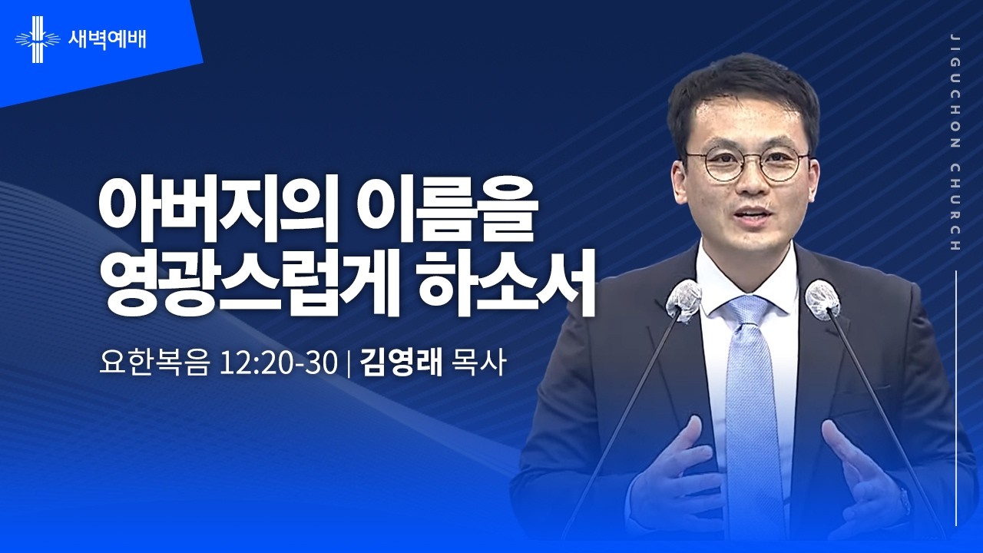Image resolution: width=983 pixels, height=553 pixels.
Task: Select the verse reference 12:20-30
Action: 278,363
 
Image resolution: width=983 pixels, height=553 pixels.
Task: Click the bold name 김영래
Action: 401,363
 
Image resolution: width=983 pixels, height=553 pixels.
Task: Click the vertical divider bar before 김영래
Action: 349,363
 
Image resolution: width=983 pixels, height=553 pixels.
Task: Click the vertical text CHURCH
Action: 955,207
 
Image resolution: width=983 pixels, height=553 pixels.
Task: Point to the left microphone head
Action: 683,300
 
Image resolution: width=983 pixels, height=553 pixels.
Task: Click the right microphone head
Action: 822,300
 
